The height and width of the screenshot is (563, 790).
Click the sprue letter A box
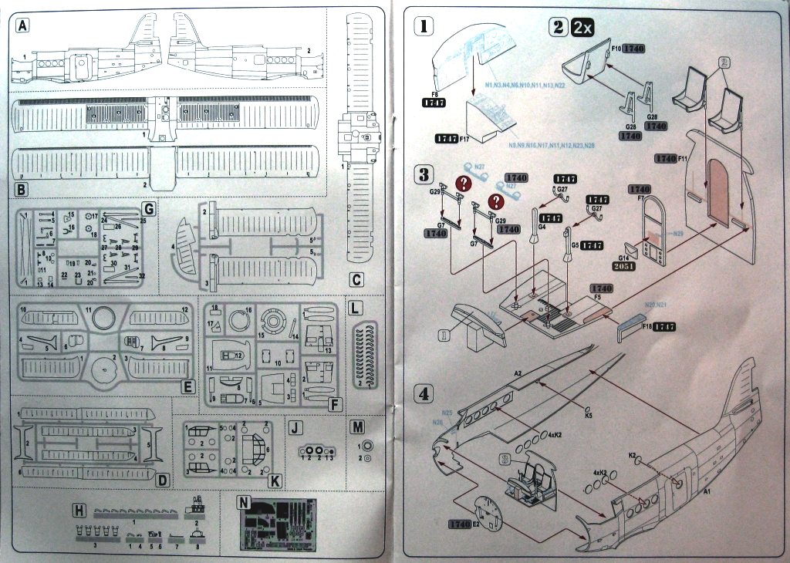click(x=23, y=25)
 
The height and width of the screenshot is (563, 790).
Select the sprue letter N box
click(x=245, y=501)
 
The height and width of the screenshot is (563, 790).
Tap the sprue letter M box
click(x=356, y=426)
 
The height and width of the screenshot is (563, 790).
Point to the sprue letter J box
click(x=296, y=426)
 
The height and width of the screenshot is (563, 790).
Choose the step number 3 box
click(x=424, y=173)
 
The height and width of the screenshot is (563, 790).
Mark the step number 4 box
click(x=424, y=392)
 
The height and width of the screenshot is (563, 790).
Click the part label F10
click(x=616, y=48)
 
